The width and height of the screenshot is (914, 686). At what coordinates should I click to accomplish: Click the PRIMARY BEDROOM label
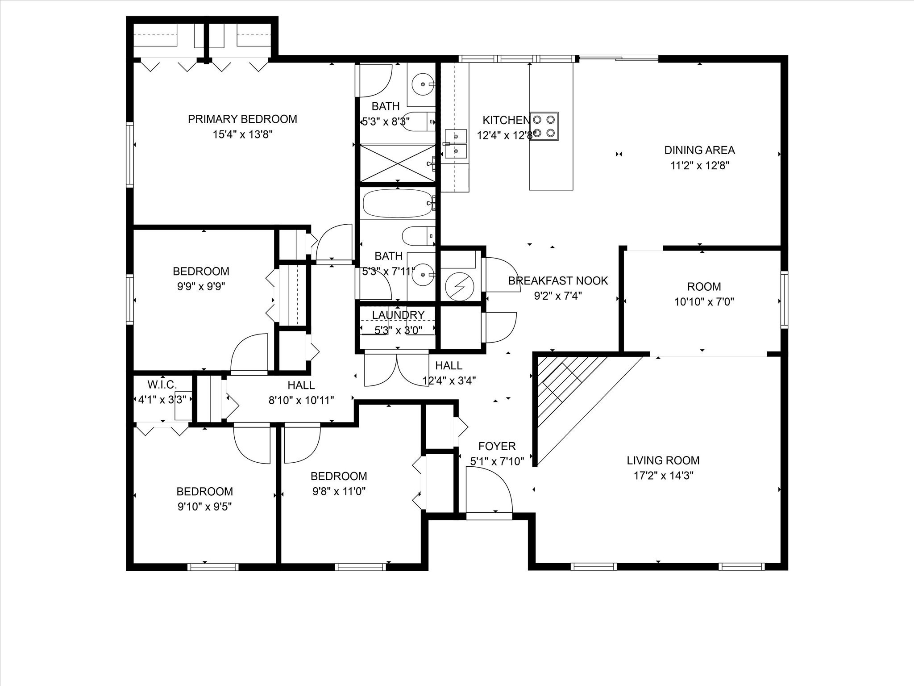click(242, 119)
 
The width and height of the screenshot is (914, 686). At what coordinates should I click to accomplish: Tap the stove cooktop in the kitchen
click(544, 126)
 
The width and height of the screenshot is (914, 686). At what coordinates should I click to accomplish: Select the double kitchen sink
click(456, 143)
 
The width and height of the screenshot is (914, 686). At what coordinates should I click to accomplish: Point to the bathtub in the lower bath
click(397, 203)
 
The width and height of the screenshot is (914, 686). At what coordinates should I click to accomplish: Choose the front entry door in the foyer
click(489, 516)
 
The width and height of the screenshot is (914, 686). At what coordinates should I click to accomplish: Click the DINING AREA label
click(699, 150)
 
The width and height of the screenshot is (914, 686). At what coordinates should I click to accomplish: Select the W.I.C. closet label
click(162, 384)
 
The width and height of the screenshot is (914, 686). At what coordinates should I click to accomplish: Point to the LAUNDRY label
click(398, 315)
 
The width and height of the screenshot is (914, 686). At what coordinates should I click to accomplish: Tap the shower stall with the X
click(397, 163)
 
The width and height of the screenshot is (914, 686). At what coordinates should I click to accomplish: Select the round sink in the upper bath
click(422, 84)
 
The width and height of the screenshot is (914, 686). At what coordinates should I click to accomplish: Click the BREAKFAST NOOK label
click(558, 280)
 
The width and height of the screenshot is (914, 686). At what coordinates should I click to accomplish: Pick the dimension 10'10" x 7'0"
click(704, 302)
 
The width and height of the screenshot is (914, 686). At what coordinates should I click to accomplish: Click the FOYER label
click(497, 446)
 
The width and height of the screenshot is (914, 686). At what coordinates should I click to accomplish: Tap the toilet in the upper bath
click(417, 121)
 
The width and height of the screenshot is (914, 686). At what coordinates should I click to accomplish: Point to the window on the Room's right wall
click(784, 299)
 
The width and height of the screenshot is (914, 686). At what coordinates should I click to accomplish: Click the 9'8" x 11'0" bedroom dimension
click(339, 491)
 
